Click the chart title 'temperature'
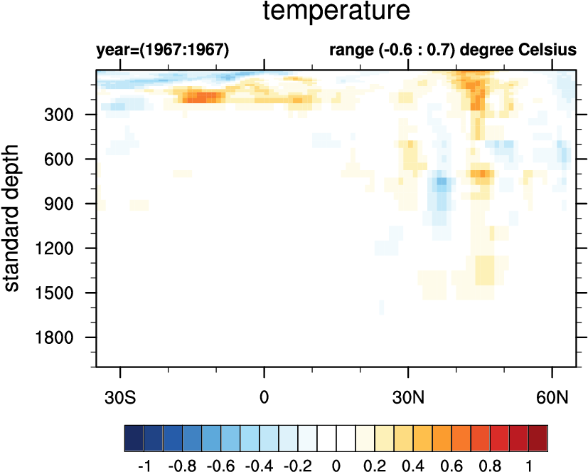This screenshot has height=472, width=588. click(x=336, y=13)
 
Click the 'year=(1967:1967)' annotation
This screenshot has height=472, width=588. click(x=163, y=51)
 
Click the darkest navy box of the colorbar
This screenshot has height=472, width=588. click(x=133, y=435)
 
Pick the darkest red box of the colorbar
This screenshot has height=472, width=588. click(x=538, y=435)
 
